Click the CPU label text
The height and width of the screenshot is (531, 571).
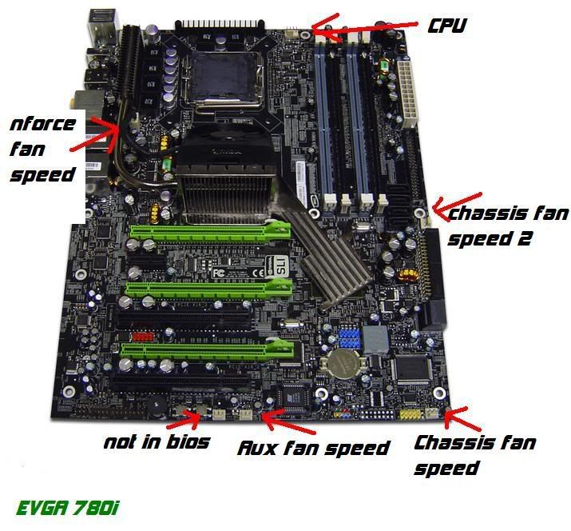pos(447,26)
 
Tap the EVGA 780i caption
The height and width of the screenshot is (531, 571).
pos(67,508)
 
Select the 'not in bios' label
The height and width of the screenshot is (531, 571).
pos(157,442)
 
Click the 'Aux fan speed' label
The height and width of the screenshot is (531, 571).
pos(313,448)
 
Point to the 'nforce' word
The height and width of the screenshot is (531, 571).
pos(42,124)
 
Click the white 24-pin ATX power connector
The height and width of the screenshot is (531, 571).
pos(407,94)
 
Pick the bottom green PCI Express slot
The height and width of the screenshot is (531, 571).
pos(207,349)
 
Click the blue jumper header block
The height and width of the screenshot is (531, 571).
pos(349,337)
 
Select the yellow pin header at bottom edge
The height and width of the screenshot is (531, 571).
pos(411,414)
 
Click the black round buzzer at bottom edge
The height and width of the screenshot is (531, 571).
pos(157,407)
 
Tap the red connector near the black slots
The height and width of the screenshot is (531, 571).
pos(143,336)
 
